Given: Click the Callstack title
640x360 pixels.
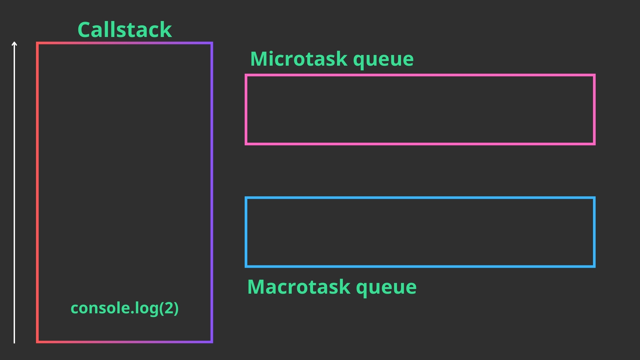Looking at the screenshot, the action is (x=125, y=29).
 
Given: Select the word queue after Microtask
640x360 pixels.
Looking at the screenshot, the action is (x=383, y=60).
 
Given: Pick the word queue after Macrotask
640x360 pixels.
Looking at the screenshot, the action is (x=386, y=288).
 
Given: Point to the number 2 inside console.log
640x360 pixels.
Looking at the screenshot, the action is (x=169, y=308).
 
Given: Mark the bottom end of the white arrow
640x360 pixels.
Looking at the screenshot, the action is (x=14, y=343).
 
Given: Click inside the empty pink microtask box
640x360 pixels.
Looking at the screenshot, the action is (x=420, y=109).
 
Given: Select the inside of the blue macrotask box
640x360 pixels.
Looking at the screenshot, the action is (x=420, y=232).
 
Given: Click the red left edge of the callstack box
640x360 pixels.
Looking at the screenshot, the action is (x=37, y=192).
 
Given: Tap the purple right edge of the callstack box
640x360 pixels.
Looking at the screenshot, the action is (x=212, y=192).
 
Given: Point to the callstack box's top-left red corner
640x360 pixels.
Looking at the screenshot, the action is (x=37, y=43).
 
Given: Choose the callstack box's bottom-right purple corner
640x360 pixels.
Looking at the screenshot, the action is (x=212, y=342).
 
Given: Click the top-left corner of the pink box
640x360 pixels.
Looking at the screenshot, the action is (x=246, y=75).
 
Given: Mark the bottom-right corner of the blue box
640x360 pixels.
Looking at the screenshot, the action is (x=594, y=266).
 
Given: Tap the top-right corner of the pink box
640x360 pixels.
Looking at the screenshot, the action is (x=594, y=75).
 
